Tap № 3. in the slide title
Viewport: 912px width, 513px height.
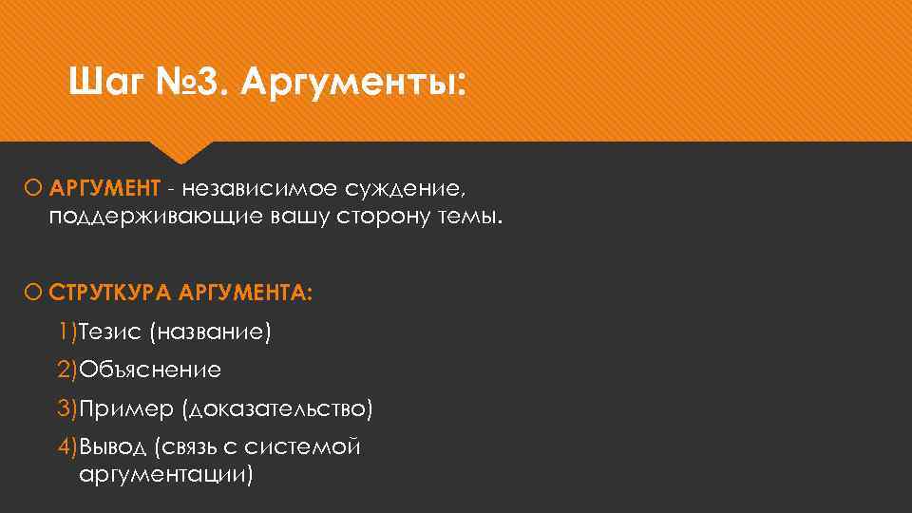199,85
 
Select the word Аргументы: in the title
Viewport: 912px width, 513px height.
354,85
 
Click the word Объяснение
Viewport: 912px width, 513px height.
150,370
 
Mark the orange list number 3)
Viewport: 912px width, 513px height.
66,408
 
